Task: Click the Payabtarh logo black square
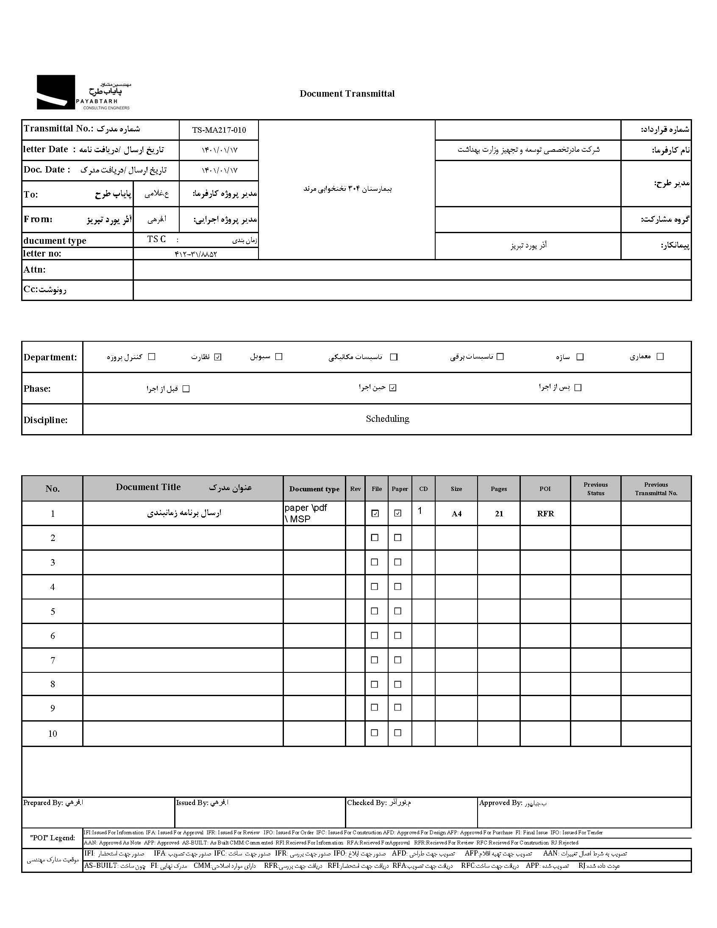point(56,92)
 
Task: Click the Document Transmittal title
point(347,94)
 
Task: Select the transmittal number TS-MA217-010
point(219,130)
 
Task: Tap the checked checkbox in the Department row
point(218,357)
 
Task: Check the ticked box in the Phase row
point(393,387)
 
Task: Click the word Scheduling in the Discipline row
point(387,419)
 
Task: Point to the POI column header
point(545,489)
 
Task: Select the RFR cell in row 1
point(545,513)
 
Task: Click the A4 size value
point(456,514)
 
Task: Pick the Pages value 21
point(499,514)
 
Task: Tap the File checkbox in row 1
point(375,513)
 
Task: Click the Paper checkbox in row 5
point(397,611)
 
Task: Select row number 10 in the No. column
point(53,734)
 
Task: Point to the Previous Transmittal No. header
point(656,489)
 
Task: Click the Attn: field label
point(35,270)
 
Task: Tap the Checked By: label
point(367,803)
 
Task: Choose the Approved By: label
point(500,803)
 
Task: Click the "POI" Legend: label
point(52,838)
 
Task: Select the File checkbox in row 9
point(375,708)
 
